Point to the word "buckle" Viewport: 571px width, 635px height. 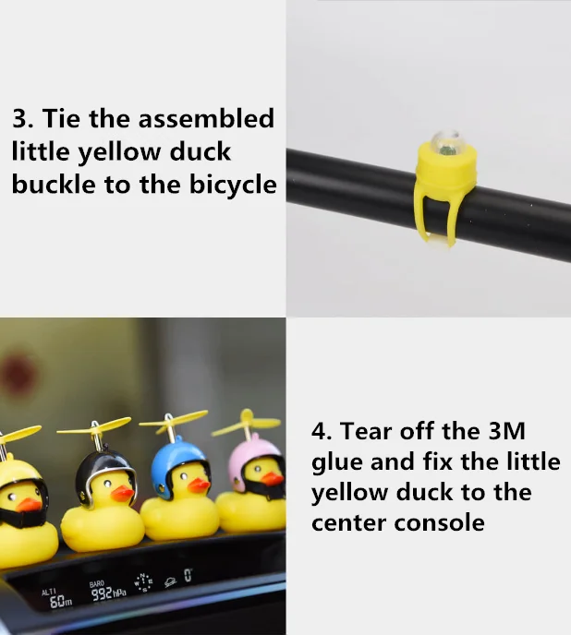point(54,185)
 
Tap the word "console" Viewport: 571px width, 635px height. point(442,522)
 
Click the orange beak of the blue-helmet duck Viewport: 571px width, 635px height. point(198,485)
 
